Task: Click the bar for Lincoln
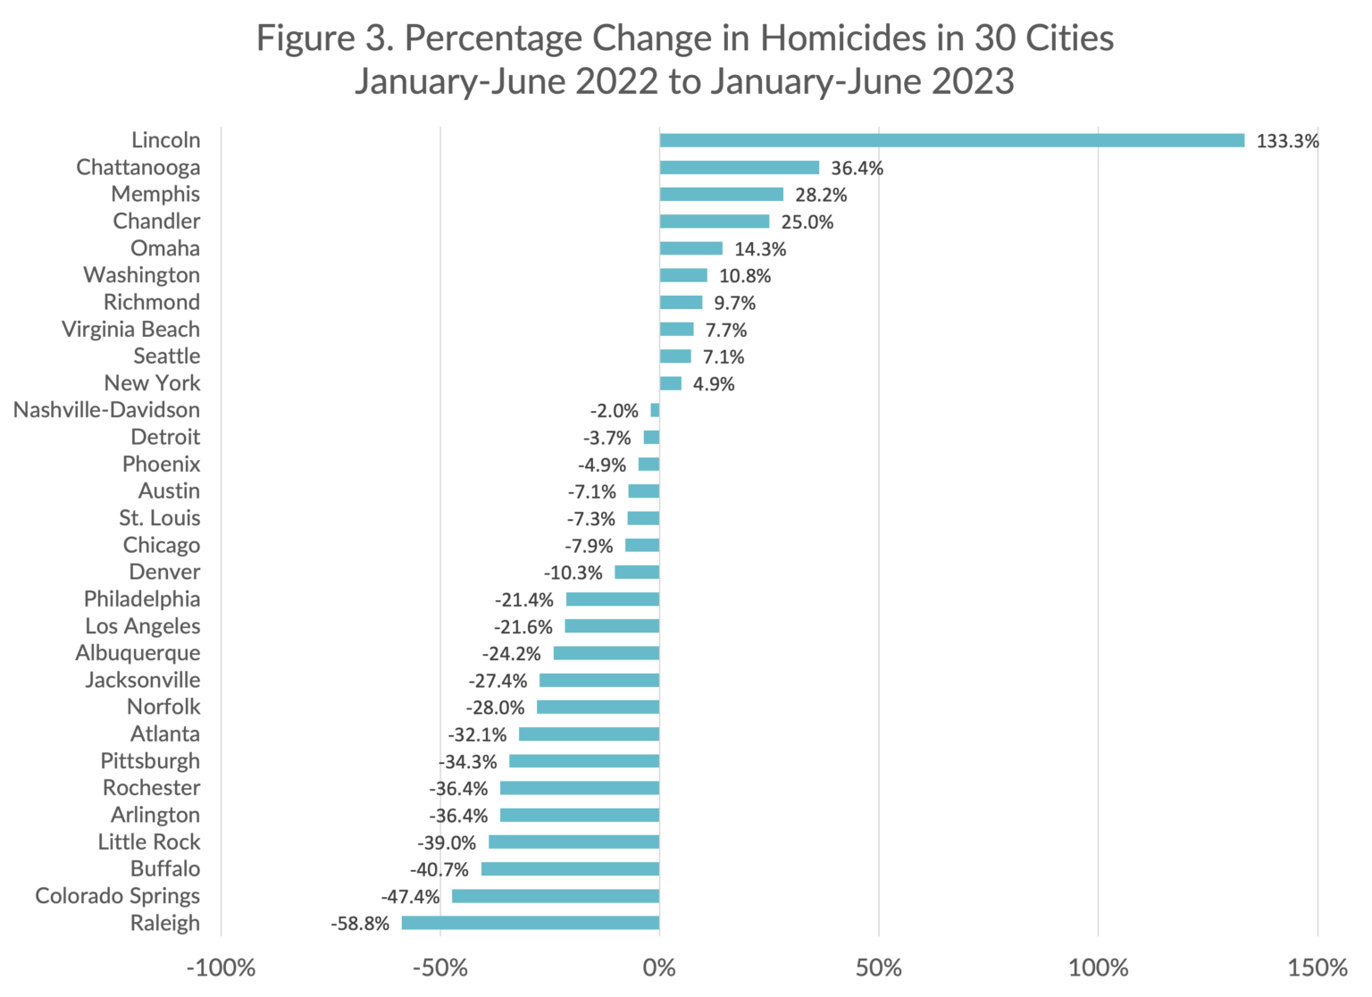pyautogui.click(x=951, y=140)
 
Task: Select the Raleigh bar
pyautogui.click(x=531, y=923)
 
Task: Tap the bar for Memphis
pyautogui.click(x=722, y=195)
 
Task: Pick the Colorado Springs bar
pyautogui.click(x=556, y=896)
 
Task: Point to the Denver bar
pyautogui.click(x=637, y=573)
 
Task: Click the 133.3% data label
pyautogui.click(x=1287, y=141)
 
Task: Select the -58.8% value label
pyautogui.click(x=360, y=924)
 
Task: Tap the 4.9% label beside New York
pyautogui.click(x=714, y=384)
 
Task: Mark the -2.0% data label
pyautogui.click(x=614, y=411)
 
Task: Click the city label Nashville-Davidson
pyautogui.click(x=106, y=410)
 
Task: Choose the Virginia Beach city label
pyautogui.click(x=130, y=329)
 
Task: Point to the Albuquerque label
pyautogui.click(x=138, y=653)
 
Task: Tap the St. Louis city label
pyautogui.click(x=159, y=518)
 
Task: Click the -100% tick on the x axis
pyautogui.click(x=221, y=968)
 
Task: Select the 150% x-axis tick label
pyautogui.click(x=1318, y=968)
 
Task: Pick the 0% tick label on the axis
pyautogui.click(x=659, y=968)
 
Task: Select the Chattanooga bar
pyautogui.click(x=740, y=168)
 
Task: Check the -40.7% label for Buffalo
pyautogui.click(x=439, y=869)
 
